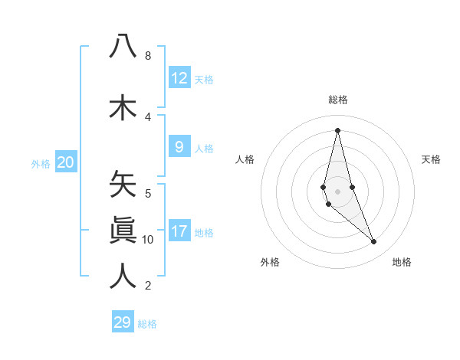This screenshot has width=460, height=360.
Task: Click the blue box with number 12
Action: (179, 78)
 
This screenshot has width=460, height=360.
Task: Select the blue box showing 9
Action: (179, 148)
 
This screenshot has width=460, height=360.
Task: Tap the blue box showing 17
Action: (179, 231)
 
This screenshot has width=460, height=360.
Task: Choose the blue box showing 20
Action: (66, 162)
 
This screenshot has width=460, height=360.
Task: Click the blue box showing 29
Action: (123, 322)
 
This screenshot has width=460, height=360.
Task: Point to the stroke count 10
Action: (148, 240)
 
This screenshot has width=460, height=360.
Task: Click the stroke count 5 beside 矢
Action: (148, 193)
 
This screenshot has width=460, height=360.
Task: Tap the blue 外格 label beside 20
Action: (41, 163)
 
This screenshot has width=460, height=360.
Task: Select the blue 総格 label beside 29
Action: (147, 324)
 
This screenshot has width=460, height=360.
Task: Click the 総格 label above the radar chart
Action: (337, 100)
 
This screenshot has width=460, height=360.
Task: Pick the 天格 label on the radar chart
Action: (431, 159)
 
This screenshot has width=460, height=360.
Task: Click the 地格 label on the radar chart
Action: (402, 262)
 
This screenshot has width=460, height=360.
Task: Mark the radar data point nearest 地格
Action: (373, 241)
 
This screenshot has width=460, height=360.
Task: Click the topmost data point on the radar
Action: (337, 129)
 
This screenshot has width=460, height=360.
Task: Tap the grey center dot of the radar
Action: (337, 191)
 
